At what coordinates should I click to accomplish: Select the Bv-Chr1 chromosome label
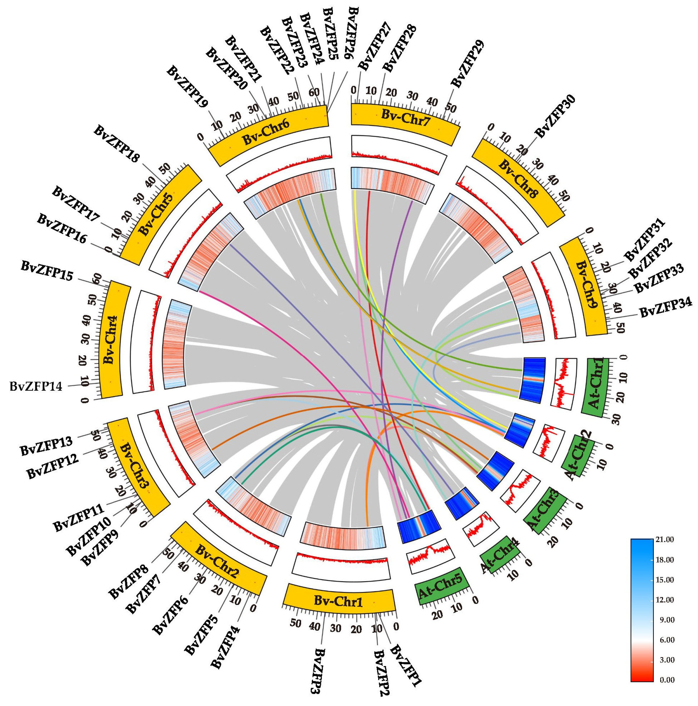click(338, 601)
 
